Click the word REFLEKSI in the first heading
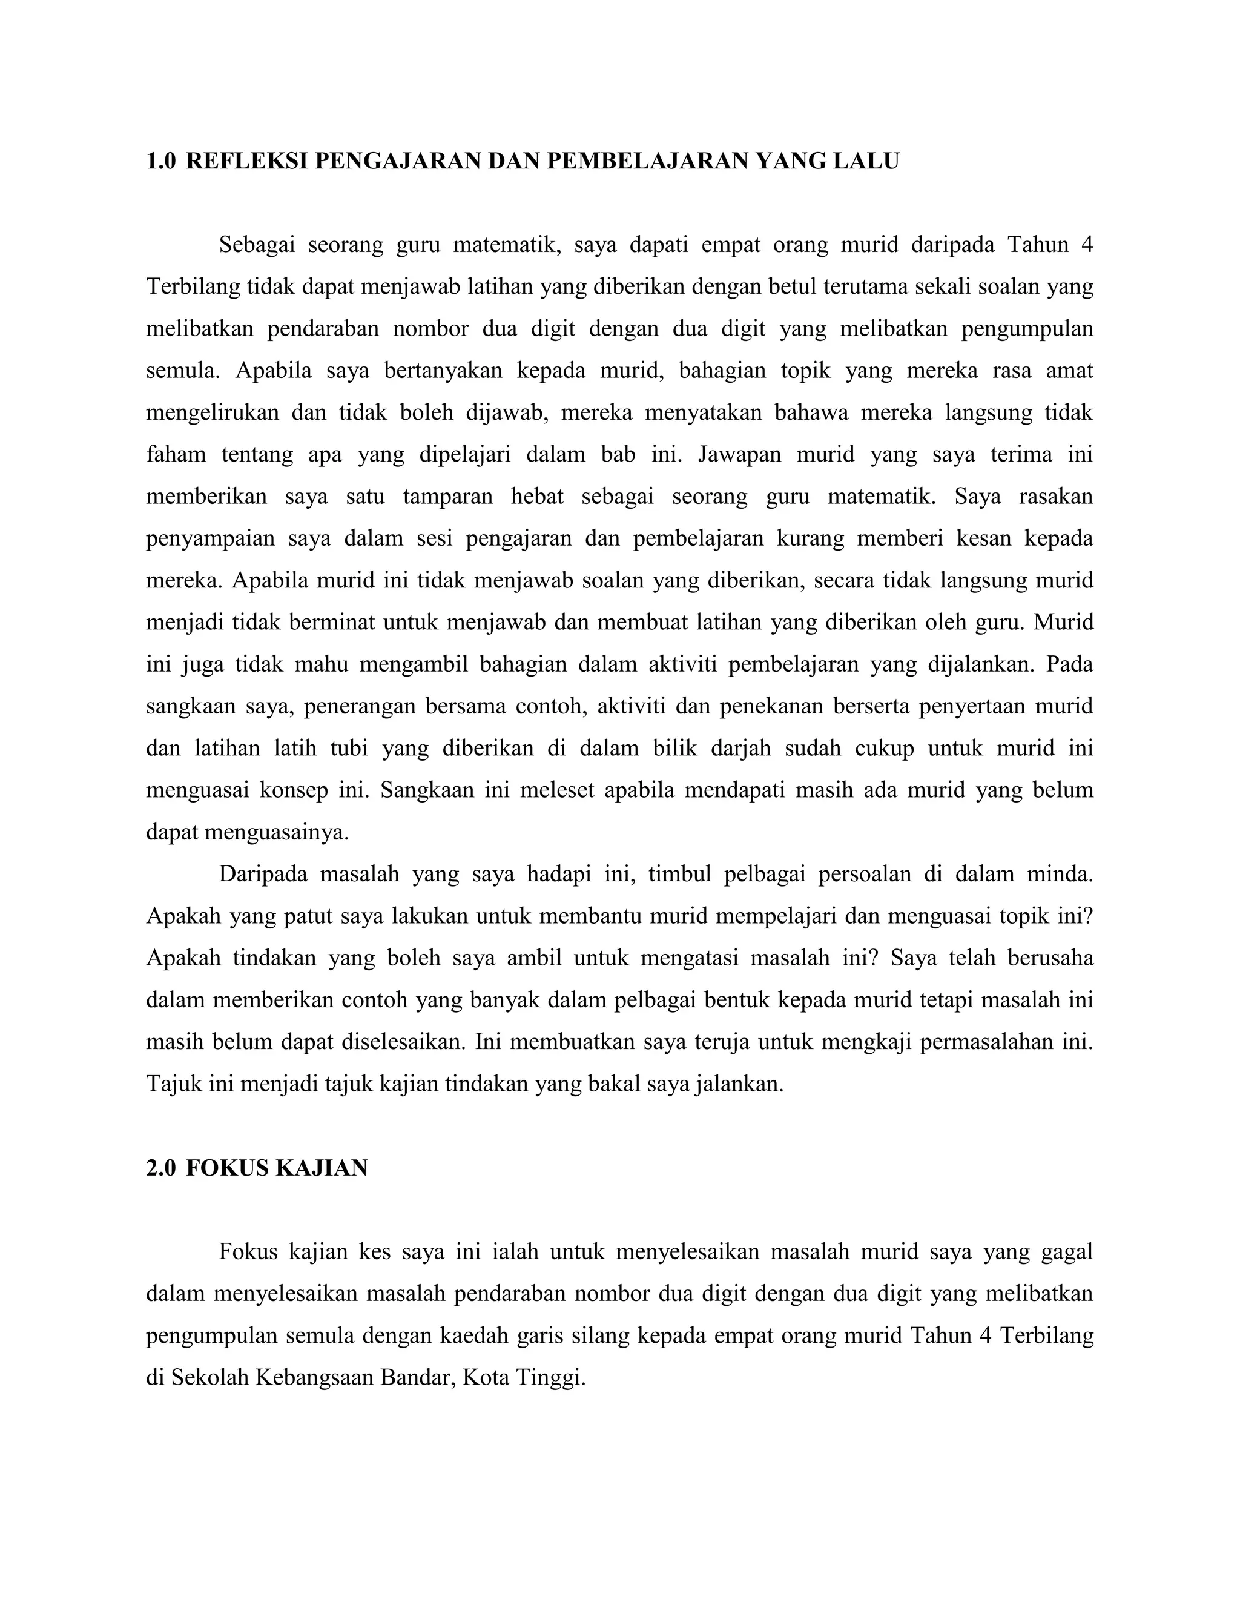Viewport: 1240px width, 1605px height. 248,161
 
